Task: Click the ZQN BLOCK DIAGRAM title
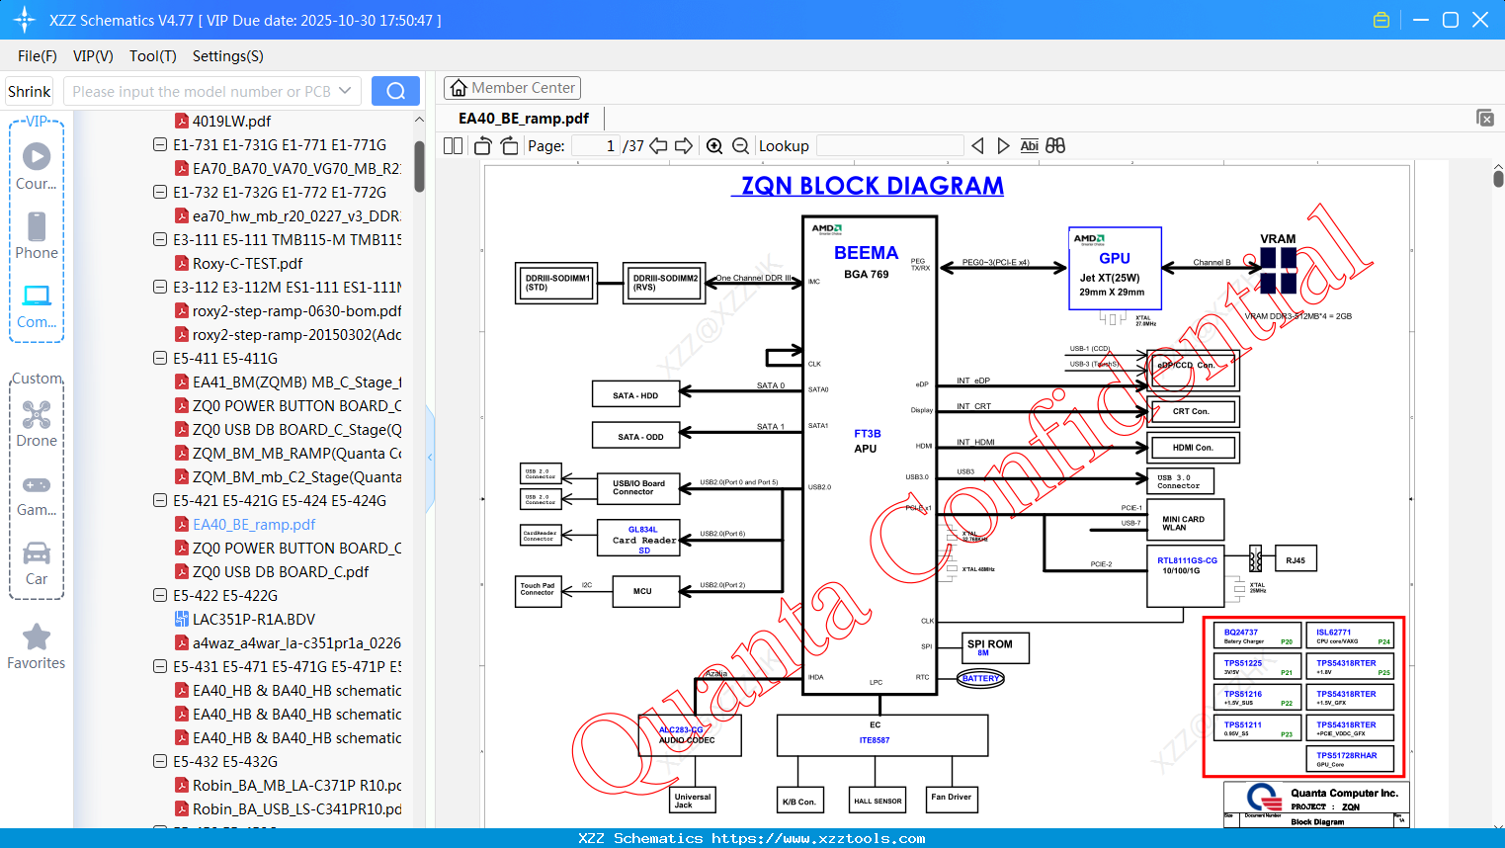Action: point(873,186)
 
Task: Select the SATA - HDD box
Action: point(635,395)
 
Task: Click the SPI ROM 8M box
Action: point(996,647)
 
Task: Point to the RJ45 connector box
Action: point(1296,560)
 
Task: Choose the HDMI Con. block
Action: point(1193,448)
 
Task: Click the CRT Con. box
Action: point(1192,411)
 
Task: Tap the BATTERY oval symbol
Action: point(980,678)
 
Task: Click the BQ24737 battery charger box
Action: point(1256,636)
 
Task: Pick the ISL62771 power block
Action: point(1349,636)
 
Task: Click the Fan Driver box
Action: point(951,797)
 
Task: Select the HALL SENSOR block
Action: point(878,799)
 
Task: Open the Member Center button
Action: point(512,88)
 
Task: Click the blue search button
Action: point(395,91)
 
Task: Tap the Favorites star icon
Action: point(37,637)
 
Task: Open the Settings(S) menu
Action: point(227,56)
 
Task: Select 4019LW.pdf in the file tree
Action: point(230,121)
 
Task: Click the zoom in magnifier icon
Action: point(714,146)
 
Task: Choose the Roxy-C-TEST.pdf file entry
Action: point(247,263)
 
